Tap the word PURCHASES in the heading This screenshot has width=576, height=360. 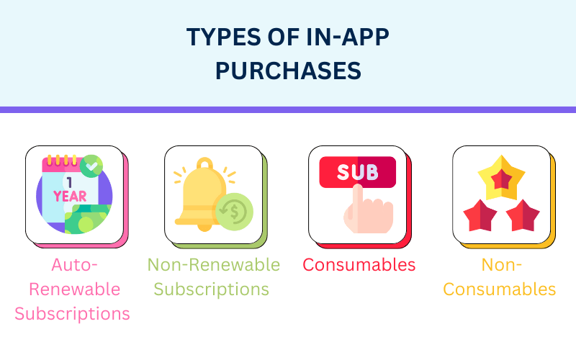[288, 71]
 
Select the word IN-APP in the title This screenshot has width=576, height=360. [347, 37]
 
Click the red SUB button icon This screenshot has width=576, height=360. [357, 172]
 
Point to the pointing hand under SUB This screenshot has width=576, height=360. [369, 210]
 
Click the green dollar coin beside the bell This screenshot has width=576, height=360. [235, 212]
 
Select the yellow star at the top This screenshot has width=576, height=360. [501, 178]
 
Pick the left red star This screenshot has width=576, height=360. [480, 216]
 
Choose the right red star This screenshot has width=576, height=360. [523, 216]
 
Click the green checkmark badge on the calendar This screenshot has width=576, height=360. [91, 166]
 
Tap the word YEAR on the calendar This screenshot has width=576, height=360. [70, 197]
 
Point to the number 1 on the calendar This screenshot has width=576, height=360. [69, 182]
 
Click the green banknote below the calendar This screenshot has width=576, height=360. [87, 219]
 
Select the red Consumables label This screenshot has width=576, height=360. [359, 264]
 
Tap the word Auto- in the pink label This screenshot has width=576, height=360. [75, 264]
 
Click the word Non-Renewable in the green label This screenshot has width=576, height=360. [214, 264]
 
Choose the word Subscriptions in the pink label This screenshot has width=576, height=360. [73, 314]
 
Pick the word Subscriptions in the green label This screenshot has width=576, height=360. [212, 289]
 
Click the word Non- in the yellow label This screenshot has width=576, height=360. [501, 264]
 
